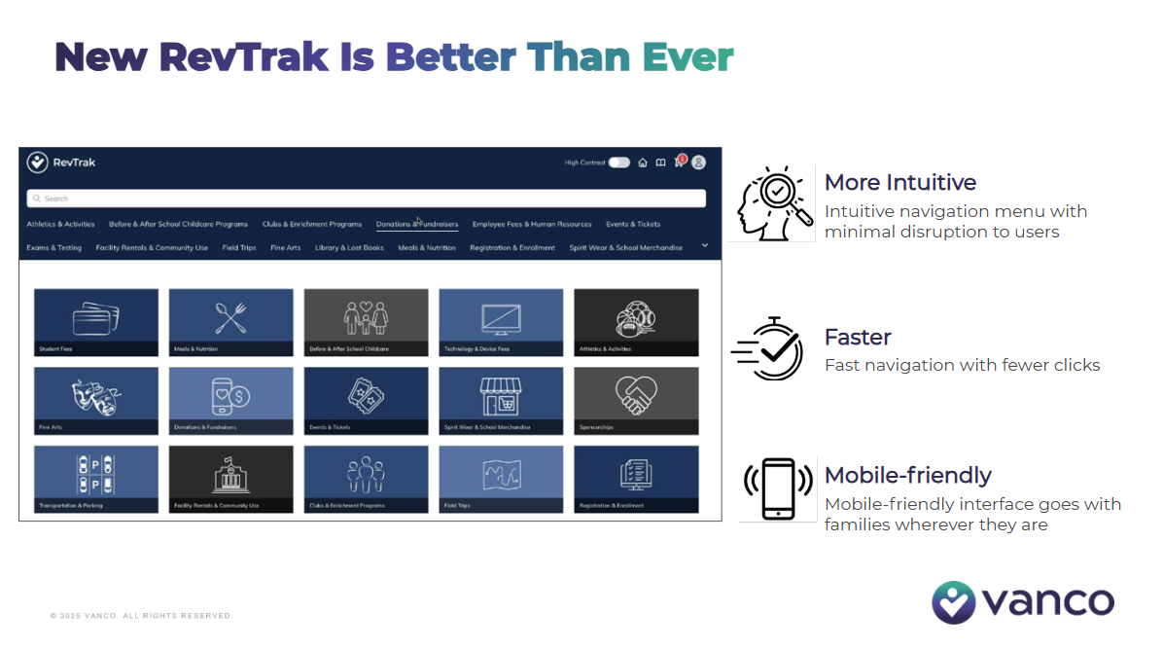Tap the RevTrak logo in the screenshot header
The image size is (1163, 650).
[x=62, y=162]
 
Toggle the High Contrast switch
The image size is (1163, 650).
[x=618, y=162]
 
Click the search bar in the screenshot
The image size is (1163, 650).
[x=366, y=199]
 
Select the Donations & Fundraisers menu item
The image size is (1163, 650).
[x=417, y=224]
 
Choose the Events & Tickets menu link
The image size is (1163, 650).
[x=633, y=224]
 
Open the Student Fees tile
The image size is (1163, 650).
[x=96, y=322]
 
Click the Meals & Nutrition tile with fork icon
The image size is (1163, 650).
[x=231, y=322]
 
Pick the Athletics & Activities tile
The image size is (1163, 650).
[x=636, y=322]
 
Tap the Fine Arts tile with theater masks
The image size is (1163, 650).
[x=96, y=400]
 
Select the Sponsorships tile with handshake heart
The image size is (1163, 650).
[x=636, y=400]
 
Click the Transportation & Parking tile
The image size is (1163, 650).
[x=96, y=479]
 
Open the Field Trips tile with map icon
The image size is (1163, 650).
[x=501, y=479]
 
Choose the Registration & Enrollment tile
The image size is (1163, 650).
[x=636, y=479]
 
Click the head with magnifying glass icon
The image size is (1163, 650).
[x=774, y=201]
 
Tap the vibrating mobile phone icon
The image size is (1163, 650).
[x=778, y=488]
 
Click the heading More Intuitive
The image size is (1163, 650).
[x=899, y=183]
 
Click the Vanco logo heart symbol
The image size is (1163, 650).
[x=953, y=602]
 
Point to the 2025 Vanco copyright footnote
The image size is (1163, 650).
[x=142, y=616]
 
